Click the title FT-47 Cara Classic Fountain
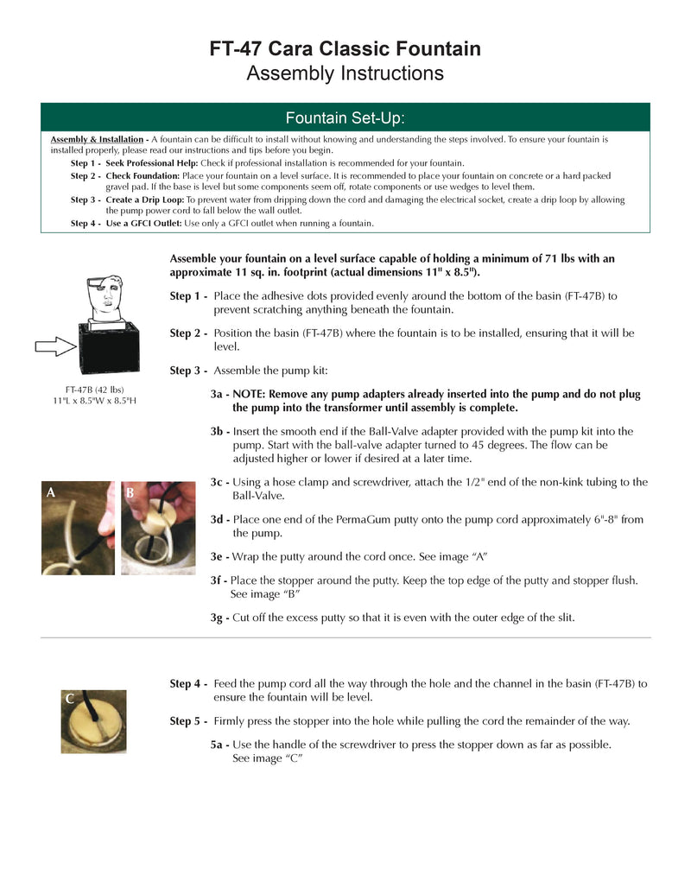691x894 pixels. pyautogui.click(x=345, y=48)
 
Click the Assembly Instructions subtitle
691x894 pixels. pyautogui.click(x=345, y=73)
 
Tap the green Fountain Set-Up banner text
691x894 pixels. pyautogui.click(x=345, y=117)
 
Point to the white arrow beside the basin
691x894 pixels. pyautogui.click(x=56, y=347)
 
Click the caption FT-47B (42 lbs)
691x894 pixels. pyautogui.click(x=95, y=390)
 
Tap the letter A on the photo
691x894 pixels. pyautogui.click(x=51, y=492)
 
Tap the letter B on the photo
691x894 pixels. pyautogui.click(x=130, y=493)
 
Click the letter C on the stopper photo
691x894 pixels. pyautogui.click(x=69, y=699)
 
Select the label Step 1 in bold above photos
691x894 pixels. pyautogui.click(x=187, y=296)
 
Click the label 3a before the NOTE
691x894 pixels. pyautogui.click(x=219, y=394)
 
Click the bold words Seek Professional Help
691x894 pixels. pyautogui.click(x=152, y=163)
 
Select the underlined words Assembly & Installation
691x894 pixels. pyautogui.click(x=97, y=139)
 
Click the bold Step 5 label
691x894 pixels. pyautogui.click(x=187, y=721)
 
